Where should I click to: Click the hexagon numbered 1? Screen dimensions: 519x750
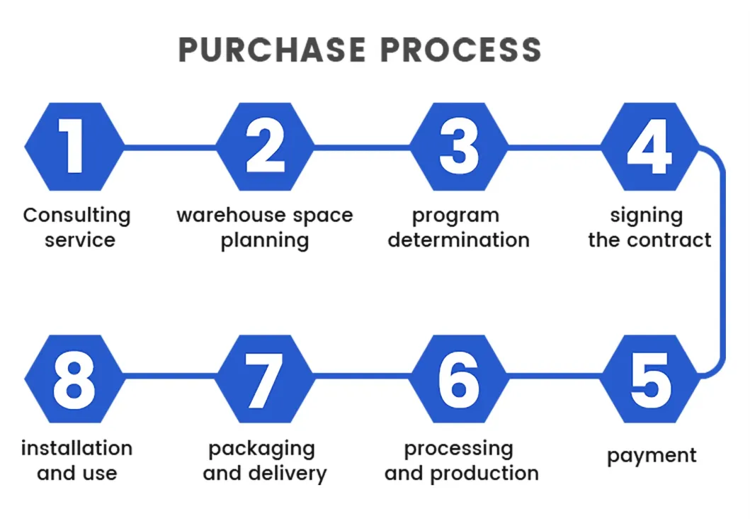(74, 147)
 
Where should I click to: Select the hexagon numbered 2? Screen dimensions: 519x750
(265, 147)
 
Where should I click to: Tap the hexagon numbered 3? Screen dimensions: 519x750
(459, 147)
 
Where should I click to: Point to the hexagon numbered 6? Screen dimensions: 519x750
(459, 379)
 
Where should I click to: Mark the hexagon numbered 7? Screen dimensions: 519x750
(265, 379)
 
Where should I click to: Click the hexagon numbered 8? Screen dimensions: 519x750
(74, 379)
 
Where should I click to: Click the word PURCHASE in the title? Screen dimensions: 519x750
(272, 49)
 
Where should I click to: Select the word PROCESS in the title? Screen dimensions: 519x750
(461, 49)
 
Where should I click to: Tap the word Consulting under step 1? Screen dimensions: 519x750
(77, 216)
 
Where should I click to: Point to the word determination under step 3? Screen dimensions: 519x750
(458, 240)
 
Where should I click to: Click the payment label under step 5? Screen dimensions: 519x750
(652, 456)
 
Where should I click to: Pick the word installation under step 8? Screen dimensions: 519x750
(76, 448)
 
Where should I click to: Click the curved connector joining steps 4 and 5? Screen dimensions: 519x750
(722, 262)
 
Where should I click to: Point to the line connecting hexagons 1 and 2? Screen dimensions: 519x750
(170, 147)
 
